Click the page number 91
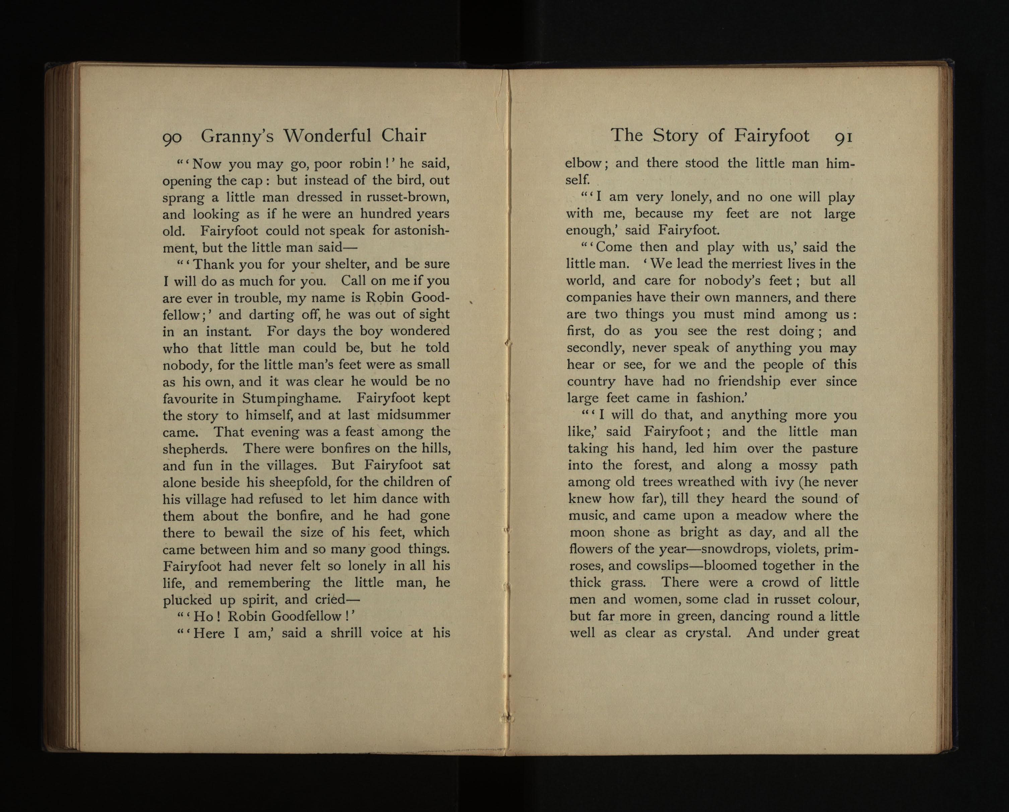coord(843,137)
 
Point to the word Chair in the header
coord(403,136)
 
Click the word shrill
coord(346,634)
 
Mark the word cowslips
coord(662,566)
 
